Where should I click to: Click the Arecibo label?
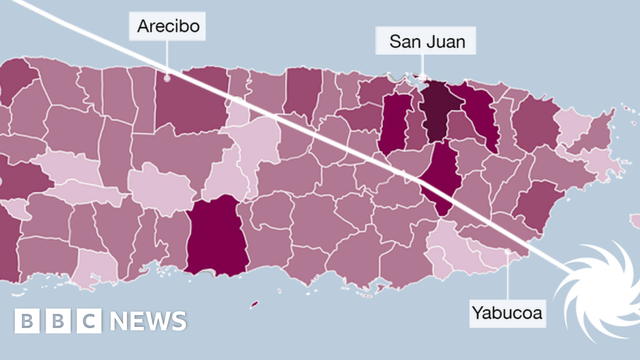click(167, 27)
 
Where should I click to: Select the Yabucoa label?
click(507, 312)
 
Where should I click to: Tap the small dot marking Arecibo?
click(167, 79)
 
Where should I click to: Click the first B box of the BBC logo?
click(27, 321)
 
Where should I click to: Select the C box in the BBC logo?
click(90, 321)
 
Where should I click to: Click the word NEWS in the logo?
click(147, 321)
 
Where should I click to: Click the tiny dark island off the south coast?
click(254, 305)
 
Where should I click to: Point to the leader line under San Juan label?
click(423, 66)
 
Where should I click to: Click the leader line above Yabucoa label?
click(507, 278)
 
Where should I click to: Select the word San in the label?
click(404, 42)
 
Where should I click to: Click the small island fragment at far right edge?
click(635, 221)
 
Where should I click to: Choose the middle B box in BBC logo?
click(59, 321)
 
